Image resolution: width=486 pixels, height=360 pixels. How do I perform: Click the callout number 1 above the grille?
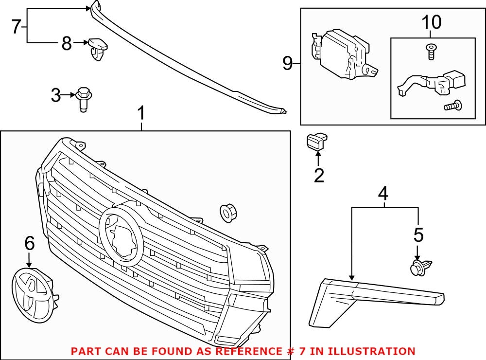(x=141, y=114)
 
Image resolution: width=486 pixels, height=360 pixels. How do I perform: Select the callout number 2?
(x=319, y=176)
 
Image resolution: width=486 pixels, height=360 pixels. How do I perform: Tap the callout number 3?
(x=56, y=95)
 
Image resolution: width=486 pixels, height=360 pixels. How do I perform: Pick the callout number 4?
(x=383, y=194)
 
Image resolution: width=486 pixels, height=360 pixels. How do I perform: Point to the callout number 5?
(x=418, y=235)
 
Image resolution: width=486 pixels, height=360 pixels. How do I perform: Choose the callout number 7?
(x=16, y=27)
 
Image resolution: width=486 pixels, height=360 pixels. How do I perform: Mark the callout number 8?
(x=67, y=44)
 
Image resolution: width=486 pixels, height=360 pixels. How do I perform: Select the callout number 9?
(x=288, y=63)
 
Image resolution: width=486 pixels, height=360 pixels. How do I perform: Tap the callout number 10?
(x=432, y=22)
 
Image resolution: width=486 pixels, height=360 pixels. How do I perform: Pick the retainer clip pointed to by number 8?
(x=98, y=48)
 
